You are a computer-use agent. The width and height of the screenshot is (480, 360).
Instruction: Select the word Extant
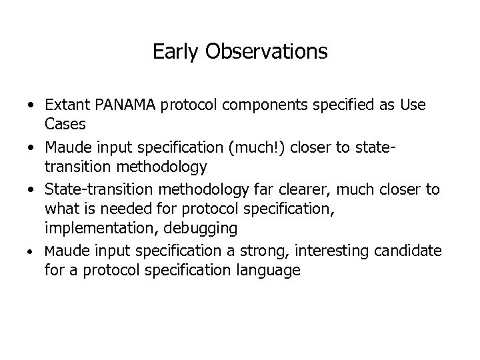68,106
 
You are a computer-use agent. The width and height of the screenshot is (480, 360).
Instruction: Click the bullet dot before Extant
31,106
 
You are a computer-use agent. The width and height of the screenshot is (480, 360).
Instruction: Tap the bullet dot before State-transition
31,190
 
